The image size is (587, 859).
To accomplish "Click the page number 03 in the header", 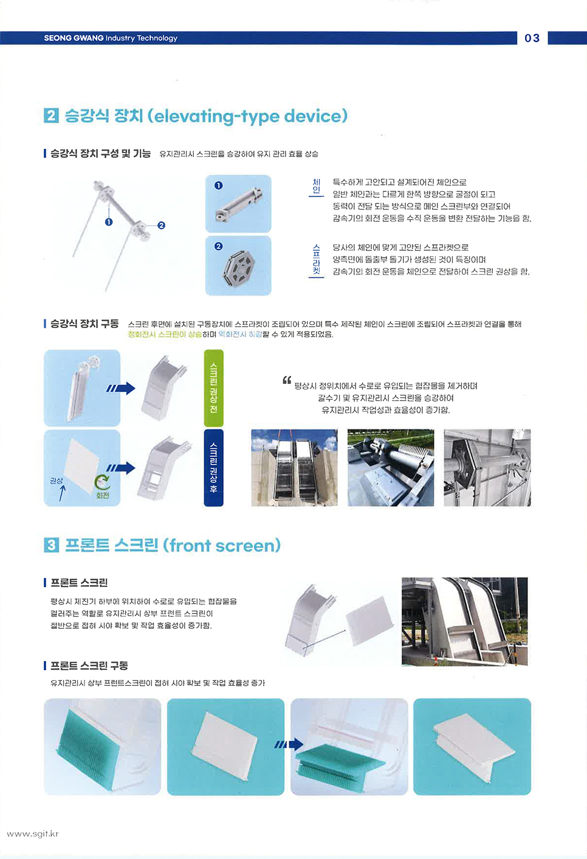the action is coord(532,38).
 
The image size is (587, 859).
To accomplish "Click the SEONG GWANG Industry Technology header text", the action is coord(111,38).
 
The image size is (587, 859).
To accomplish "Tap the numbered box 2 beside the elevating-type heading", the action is coord(51,115).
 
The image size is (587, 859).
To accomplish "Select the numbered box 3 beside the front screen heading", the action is coord(51,545).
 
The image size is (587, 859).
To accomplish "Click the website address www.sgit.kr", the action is coord(33,833).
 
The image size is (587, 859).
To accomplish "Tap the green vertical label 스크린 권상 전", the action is coord(214,388).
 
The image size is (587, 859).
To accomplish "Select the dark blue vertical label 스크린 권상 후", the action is coord(214,467).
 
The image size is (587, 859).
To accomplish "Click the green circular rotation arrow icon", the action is coord(102,482).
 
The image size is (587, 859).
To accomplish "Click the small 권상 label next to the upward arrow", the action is coord(57,481).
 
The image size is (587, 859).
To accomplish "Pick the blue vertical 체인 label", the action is coord(316,186).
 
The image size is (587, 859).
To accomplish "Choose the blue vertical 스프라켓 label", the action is coord(316,259).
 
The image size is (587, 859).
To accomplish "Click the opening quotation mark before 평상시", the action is coord(287,380).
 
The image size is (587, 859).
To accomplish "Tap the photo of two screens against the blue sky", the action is coord(294,467).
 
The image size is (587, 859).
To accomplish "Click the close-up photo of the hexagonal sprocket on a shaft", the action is coord(487,467).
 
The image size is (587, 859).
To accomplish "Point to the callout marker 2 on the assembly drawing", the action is coord(161,225).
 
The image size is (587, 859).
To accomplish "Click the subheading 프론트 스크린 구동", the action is coord(89,665).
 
